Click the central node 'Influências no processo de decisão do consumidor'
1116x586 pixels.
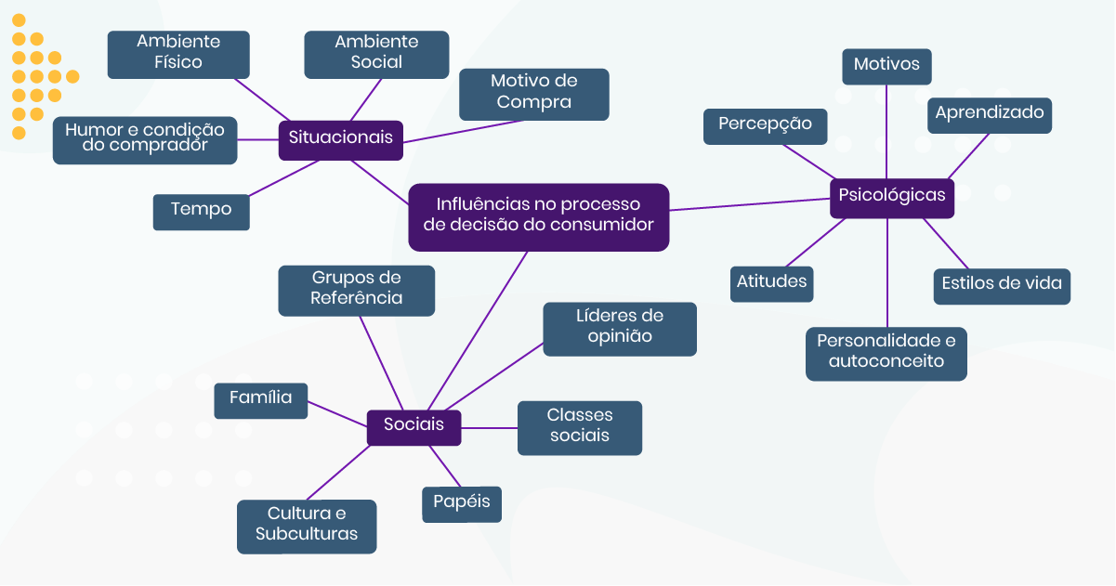click(538, 216)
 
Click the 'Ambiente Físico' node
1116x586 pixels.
click(178, 54)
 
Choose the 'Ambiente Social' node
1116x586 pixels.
click(376, 54)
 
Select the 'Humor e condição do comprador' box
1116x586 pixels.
click(145, 139)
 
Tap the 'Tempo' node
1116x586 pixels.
click(201, 211)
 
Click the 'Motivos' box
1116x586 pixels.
click(886, 66)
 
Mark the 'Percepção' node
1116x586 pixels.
click(765, 125)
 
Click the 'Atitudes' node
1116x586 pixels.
click(771, 282)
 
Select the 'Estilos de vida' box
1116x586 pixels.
click(1001, 285)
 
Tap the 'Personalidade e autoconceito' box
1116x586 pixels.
click(886, 353)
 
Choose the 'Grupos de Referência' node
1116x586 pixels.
click(356, 290)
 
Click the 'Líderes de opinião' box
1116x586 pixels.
click(619, 328)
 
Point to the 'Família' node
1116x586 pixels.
click(260, 400)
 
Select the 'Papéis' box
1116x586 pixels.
click(462, 503)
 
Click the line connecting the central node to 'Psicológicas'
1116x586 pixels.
click(749, 203)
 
